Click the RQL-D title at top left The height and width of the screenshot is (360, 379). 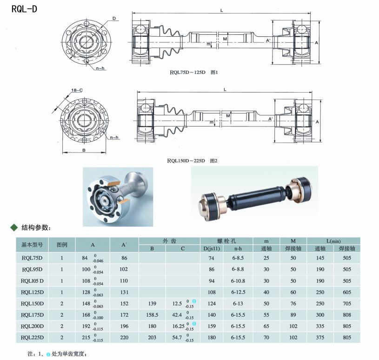24,9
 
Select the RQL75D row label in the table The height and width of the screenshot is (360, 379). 32,258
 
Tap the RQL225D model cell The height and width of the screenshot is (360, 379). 32,338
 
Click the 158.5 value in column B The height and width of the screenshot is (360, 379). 152,315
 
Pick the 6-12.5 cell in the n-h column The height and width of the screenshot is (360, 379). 238,292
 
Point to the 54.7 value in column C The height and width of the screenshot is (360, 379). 177,338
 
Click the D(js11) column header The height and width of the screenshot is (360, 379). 212,248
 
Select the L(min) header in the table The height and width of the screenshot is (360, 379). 333,241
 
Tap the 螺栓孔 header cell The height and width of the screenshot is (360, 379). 226,241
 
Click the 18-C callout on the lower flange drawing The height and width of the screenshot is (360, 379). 77,90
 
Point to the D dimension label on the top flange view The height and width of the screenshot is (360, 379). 114,19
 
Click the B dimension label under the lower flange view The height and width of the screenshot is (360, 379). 84,150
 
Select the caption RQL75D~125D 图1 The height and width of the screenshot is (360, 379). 193,72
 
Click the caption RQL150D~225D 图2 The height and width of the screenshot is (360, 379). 192,160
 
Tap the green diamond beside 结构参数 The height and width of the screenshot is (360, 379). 14,227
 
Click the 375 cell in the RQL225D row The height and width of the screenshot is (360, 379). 320,338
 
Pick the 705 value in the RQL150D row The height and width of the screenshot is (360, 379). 347,303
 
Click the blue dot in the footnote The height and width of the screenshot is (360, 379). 48,354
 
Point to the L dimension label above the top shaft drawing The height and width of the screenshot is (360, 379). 221,10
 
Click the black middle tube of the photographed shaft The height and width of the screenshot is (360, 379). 256,196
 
